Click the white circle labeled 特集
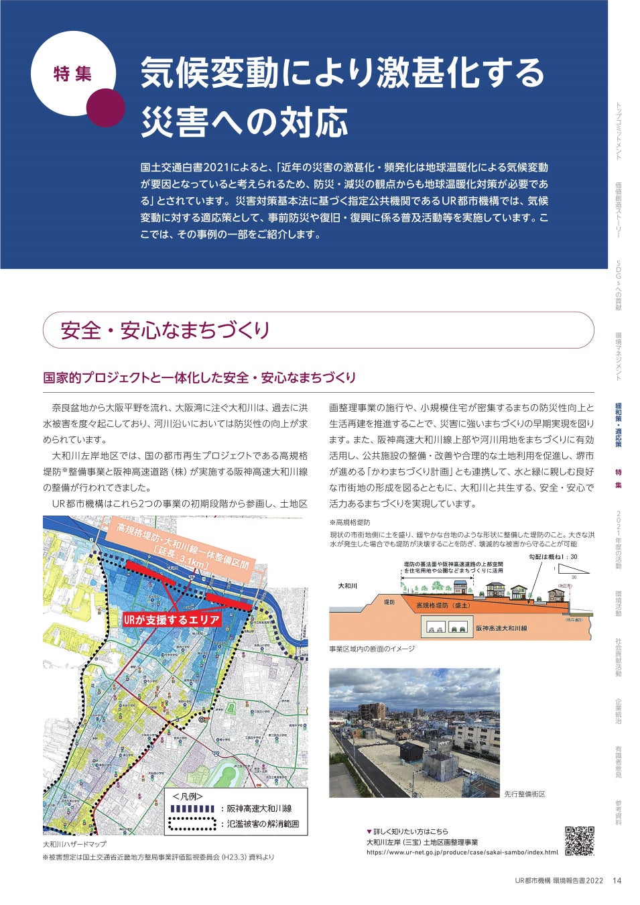(x=73, y=74)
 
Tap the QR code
(x=580, y=841)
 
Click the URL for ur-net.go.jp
(x=462, y=853)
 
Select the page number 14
(x=617, y=881)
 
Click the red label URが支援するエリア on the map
(x=172, y=620)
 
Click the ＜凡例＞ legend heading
(x=187, y=796)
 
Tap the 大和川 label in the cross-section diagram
(x=347, y=586)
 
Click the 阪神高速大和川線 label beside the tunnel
(x=501, y=629)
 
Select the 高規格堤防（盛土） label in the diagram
(x=443, y=605)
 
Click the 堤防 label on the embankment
(x=389, y=603)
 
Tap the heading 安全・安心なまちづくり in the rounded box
(x=165, y=330)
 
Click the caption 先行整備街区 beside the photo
(x=525, y=794)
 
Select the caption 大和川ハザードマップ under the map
(x=74, y=845)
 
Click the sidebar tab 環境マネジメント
(x=619, y=356)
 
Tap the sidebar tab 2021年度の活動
(x=619, y=540)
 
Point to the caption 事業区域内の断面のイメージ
(x=372, y=649)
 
